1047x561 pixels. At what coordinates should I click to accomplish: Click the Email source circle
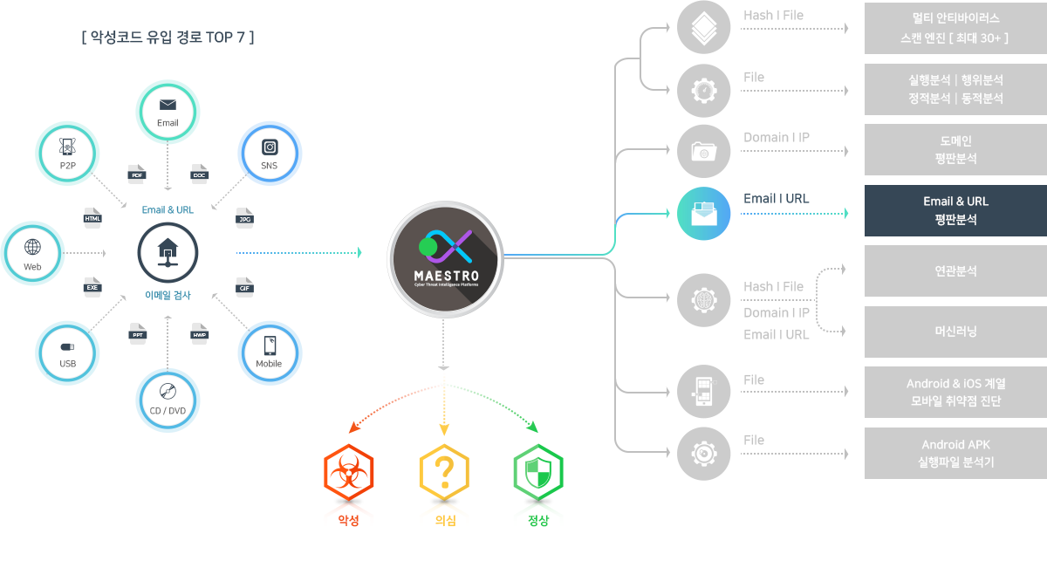168,112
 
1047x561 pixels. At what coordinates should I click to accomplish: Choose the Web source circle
33,254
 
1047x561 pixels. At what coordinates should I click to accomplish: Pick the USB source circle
67,353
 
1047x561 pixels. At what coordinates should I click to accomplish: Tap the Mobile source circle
270,353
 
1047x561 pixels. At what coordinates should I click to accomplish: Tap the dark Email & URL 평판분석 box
955,210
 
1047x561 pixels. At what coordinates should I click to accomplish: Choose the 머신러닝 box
955,332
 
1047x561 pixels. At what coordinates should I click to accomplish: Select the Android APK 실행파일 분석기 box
955,453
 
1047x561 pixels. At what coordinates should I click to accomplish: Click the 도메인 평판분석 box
955,150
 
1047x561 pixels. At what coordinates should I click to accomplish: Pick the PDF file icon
136,172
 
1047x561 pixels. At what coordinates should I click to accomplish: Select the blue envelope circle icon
703,214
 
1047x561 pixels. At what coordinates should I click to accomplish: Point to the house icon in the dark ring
168,253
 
